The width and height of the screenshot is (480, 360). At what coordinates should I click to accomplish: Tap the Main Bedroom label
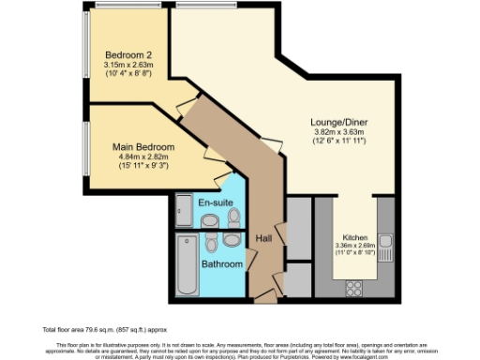[x=143, y=146]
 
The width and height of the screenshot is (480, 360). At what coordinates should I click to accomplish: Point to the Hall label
[x=264, y=239]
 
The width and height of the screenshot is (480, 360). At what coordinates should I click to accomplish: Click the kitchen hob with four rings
[x=356, y=284]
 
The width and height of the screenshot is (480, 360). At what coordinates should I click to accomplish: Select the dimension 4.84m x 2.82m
[x=143, y=157]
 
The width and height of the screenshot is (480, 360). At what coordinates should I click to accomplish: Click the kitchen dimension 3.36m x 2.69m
[x=355, y=247]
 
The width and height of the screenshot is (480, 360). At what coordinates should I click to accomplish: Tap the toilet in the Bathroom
[x=213, y=245]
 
